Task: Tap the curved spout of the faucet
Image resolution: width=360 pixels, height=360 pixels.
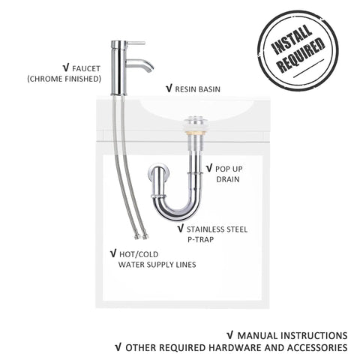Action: point(140,64)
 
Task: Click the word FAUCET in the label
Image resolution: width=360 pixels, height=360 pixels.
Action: point(86,68)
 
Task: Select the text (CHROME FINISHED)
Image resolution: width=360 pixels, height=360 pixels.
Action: point(64,79)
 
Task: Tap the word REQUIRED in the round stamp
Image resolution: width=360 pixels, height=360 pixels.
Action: point(301,55)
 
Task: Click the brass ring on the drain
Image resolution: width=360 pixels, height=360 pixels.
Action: point(193,132)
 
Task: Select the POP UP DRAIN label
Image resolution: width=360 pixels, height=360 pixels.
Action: point(224,174)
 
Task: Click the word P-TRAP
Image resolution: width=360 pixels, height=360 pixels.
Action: point(201,240)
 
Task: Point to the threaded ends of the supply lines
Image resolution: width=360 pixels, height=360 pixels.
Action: point(141,236)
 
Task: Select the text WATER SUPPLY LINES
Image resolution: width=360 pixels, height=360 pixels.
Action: point(157,265)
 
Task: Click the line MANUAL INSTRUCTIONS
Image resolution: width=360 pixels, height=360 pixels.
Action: point(292,335)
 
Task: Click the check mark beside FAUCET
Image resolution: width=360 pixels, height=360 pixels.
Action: point(66,68)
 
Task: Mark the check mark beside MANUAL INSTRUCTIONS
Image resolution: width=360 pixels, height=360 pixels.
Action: point(230,335)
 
